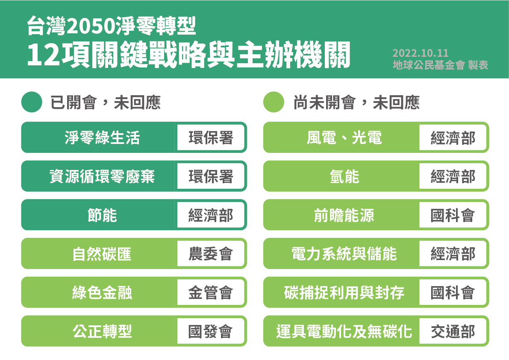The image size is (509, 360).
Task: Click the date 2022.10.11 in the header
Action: (421, 53)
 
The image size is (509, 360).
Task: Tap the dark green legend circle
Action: (32, 102)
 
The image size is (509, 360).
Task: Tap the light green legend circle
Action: (274, 102)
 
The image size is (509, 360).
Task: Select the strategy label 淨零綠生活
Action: (102, 138)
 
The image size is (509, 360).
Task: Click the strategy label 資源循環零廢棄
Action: (102, 176)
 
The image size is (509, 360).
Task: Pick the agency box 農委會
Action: (211, 254)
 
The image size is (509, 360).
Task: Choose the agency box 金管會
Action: (211, 292)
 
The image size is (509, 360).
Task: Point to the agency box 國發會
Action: (211, 331)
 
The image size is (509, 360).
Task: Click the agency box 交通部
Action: (453, 331)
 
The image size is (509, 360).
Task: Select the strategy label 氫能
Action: (344, 176)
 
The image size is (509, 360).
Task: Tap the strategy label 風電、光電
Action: (344, 138)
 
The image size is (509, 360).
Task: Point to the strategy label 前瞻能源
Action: (344, 215)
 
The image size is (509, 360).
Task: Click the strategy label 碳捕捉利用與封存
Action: (344, 292)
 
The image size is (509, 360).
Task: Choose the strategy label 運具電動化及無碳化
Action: (344, 331)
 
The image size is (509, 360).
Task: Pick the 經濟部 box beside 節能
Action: (211, 215)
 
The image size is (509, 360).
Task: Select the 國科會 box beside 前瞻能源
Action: (453, 215)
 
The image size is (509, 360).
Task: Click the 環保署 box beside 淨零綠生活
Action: (211, 138)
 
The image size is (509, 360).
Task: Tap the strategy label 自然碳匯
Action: (102, 254)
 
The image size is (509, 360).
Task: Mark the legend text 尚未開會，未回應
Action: (356, 102)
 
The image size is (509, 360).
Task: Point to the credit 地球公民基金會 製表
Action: (440, 65)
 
